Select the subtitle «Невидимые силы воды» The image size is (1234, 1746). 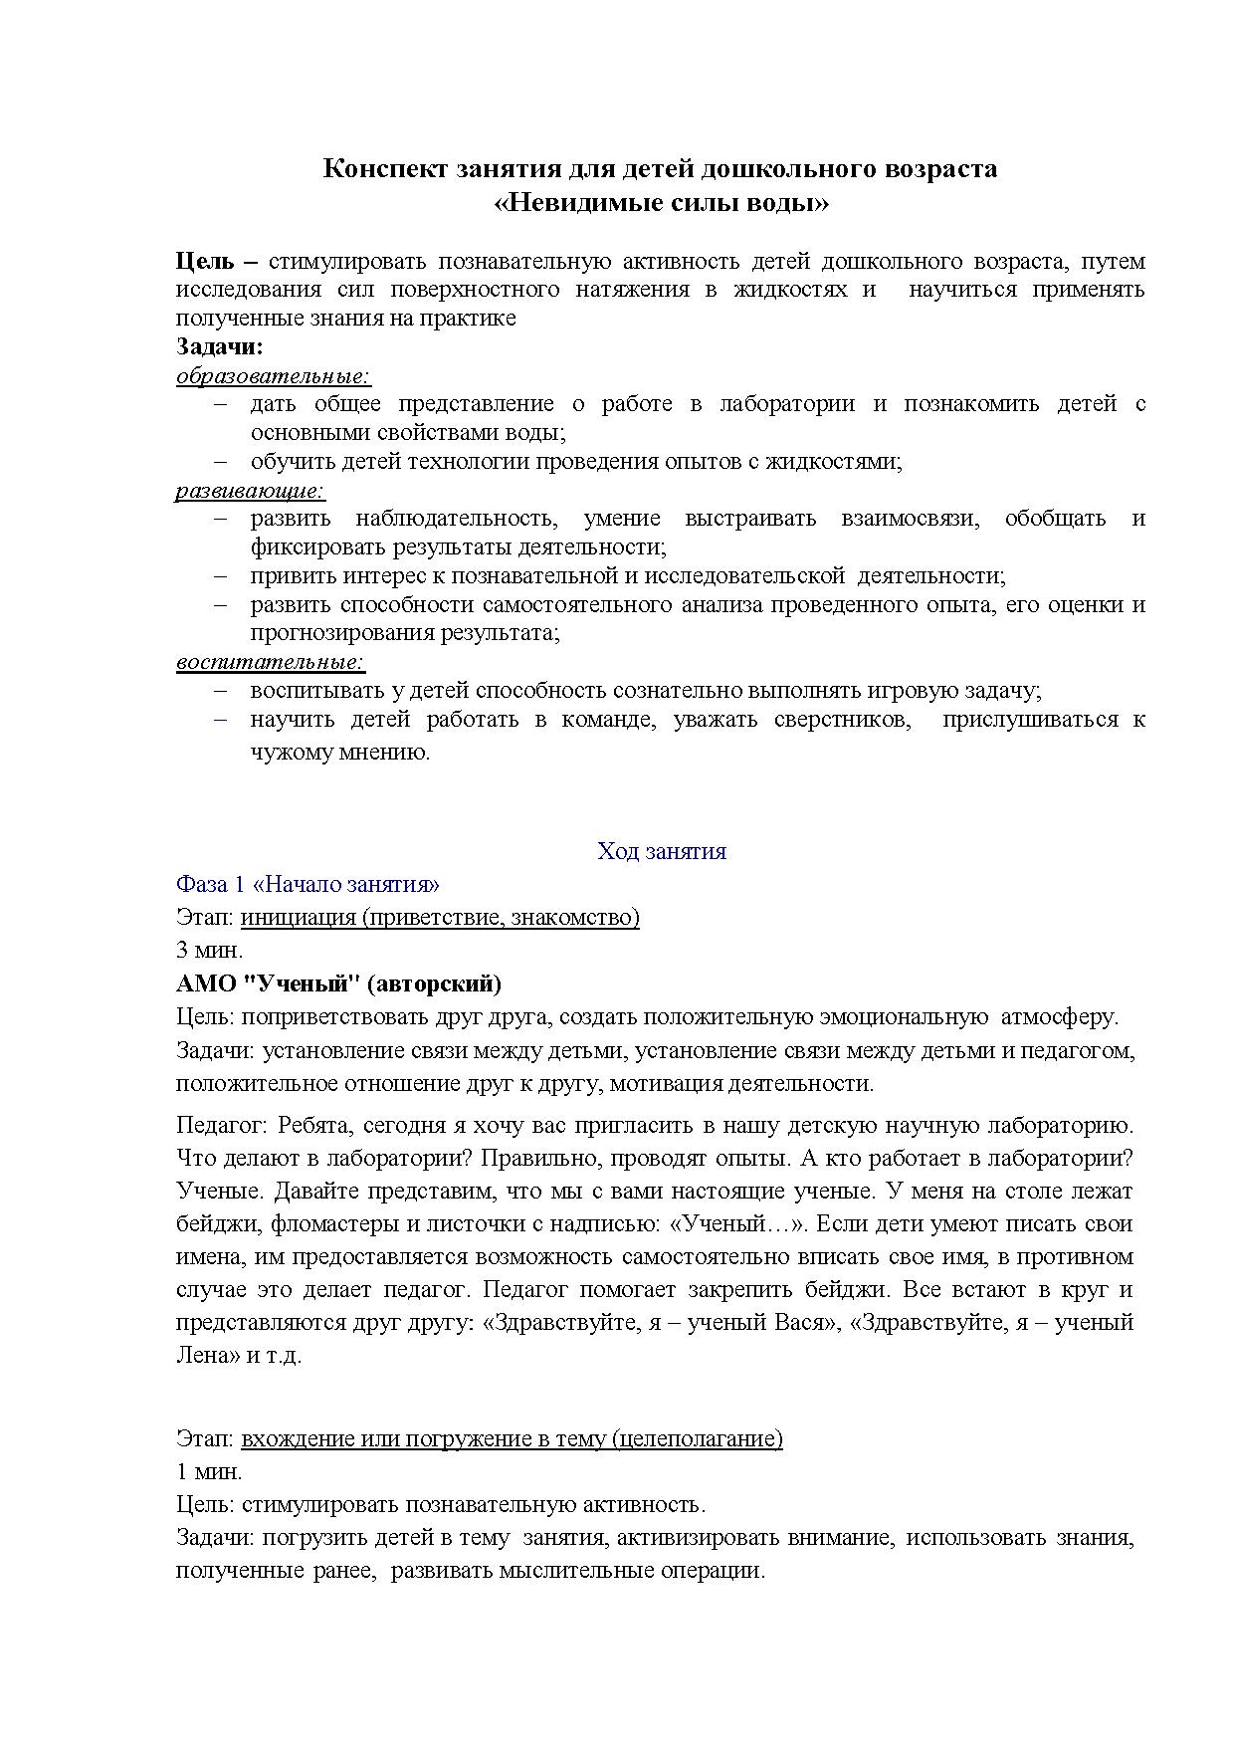[x=661, y=203]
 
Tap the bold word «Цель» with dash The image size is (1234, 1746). [x=216, y=262]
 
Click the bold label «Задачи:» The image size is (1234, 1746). [x=219, y=346]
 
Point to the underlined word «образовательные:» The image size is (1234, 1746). [x=273, y=375]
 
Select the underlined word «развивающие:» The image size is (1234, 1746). [x=251, y=490]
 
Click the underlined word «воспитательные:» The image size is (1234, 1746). [x=271, y=661]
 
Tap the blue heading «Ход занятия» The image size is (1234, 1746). [x=661, y=851]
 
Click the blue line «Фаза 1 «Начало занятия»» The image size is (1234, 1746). [x=308, y=884]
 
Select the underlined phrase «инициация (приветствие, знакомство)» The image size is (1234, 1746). [x=440, y=917]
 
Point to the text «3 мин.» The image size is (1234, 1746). [x=209, y=950]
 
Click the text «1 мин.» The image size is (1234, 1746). [x=209, y=1471]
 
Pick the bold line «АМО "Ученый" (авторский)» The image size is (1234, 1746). [x=338, y=983]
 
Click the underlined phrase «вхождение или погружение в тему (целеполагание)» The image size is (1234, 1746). [x=512, y=1438]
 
